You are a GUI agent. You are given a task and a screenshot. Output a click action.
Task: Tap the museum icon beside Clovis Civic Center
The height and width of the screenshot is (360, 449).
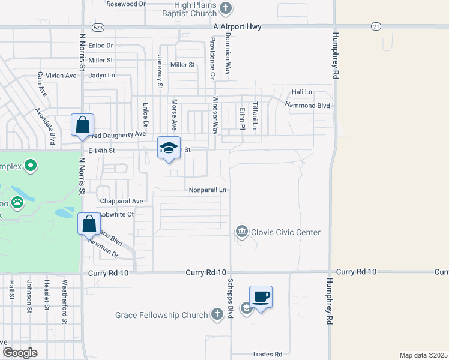point(241,232)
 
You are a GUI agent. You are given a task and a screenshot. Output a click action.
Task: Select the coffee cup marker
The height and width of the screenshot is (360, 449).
point(261,297)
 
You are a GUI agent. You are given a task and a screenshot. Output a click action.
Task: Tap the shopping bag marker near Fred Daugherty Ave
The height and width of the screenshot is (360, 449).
point(83,125)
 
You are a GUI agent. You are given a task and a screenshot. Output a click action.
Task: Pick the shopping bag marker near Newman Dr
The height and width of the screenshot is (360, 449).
point(89,224)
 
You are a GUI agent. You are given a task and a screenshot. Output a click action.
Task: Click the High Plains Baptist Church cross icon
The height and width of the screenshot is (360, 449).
point(226,8)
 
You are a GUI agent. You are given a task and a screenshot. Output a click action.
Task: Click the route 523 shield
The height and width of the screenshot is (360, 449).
point(98,28)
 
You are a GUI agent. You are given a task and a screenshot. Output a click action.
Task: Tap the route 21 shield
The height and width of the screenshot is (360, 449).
point(376,26)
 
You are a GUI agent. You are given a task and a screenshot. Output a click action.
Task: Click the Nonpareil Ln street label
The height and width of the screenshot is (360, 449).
point(207,190)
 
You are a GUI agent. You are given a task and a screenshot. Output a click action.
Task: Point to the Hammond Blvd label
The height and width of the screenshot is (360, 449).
point(307,106)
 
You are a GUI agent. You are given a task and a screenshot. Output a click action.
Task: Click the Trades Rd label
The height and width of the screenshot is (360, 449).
point(267,354)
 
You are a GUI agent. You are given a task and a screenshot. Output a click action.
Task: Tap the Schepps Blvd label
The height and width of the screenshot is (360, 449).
point(229,298)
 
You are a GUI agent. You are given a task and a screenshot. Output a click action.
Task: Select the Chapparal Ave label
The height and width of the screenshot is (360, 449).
point(122,201)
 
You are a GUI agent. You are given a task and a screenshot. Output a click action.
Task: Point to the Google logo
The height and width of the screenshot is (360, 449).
point(20,353)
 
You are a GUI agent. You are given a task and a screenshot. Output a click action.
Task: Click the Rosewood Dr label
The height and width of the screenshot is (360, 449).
point(126,4)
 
